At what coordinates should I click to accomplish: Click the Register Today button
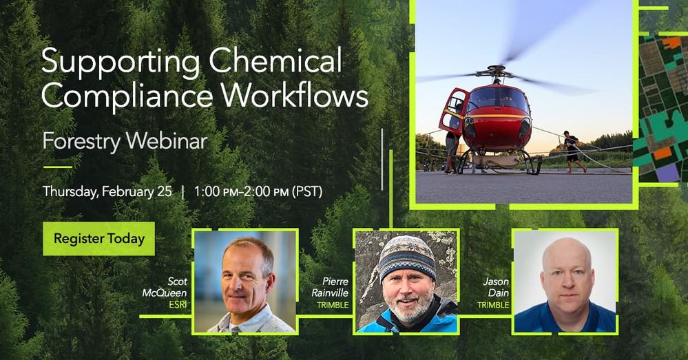pyautogui.click(x=98, y=239)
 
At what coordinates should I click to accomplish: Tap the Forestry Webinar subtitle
pyautogui.click(x=125, y=141)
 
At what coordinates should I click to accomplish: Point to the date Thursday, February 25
pyautogui.click(x=107, y=191)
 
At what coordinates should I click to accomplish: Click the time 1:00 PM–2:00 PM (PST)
pyautogui.click(x=258, y=191)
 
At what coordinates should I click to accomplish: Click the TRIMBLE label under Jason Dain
pyautogui.click(x=493, y=304)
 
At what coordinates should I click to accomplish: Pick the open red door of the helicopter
pyautogui.click(x=454, y=111)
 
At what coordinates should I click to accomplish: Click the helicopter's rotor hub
pyautogui.click(x=496, y=70)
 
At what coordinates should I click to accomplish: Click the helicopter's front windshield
pyautogui.click(x=494, y=98)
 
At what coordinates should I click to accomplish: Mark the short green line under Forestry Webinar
pyautogui.click(x=57, y=167)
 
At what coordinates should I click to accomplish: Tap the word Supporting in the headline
pyautogui.click(x=120, y=63)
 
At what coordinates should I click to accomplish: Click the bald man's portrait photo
pyautogui.click(x=565, y=281)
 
